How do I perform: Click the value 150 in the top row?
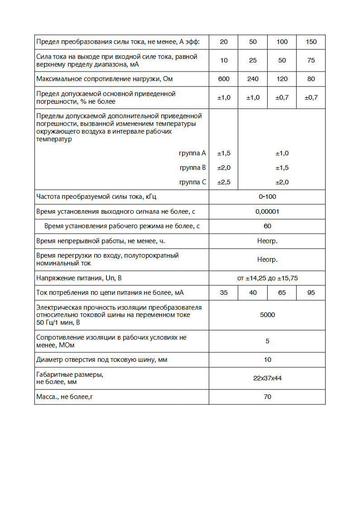pos(311,42)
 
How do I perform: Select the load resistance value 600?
pos(224,79)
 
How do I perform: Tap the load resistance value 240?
pos(253,79)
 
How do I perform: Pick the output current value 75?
pos(311,60)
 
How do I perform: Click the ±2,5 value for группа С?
pos(224,182)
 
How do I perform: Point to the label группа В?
pos(193,168)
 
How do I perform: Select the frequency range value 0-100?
pos(267,197)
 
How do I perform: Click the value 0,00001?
pos(267,211)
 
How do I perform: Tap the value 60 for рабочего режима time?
pos(267,226)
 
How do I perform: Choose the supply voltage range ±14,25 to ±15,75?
pos(267,278)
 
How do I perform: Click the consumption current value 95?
pos(311,293)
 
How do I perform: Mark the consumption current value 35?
pos(224,293)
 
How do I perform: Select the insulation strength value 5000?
pos(267,315)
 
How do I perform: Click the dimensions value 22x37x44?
pos(267,378)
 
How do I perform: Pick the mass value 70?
pos(267,397)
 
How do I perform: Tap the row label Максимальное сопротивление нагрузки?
pos(105,79)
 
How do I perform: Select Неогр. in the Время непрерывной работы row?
pos(267,241)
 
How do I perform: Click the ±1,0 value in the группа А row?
pos(282,153)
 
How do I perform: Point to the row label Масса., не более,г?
pos(67,397)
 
